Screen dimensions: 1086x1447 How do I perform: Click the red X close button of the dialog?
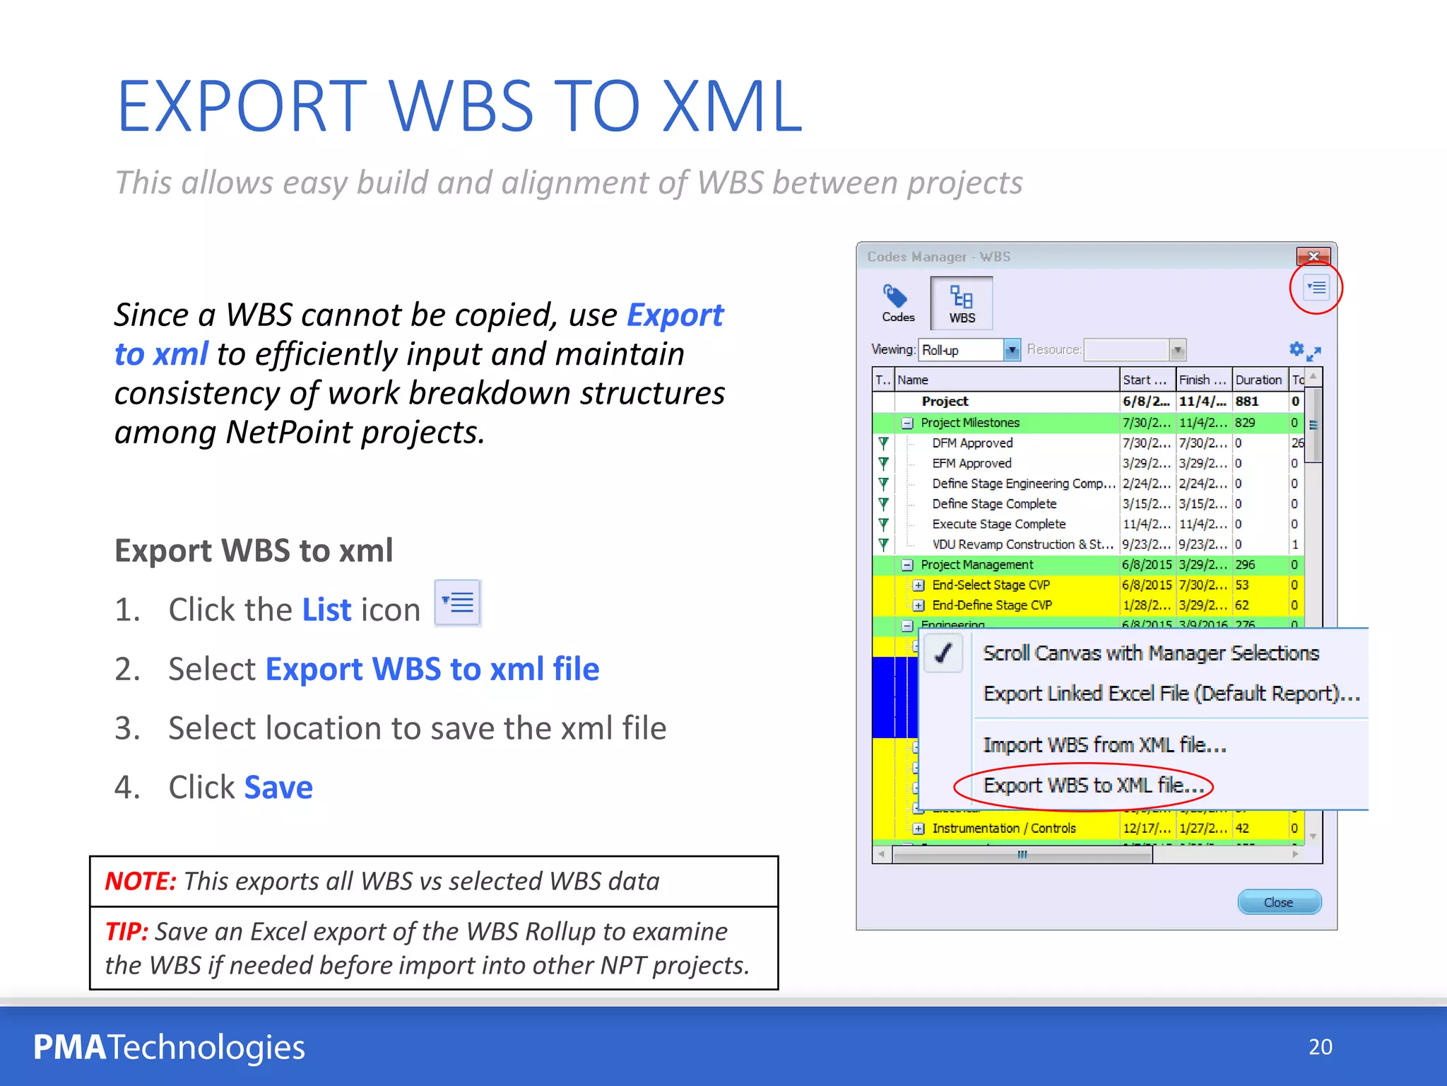click(x=1313, y=256)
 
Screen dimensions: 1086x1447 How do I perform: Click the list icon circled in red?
click(x=1316, y=288)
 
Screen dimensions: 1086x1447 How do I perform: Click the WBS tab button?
click(x=962, y=303)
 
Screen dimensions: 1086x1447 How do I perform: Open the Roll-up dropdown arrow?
click(x=1012, y=350)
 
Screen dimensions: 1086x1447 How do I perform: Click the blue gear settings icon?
click(x=1297, y=349)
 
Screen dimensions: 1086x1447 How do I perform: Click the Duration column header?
click(x=1258, y=380)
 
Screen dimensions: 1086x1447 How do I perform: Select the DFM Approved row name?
click(x=972, y=443)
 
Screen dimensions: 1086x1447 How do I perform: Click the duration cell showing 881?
click(x=1247, y=401)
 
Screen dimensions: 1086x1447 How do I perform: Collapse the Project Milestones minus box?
click(x=908, y=423)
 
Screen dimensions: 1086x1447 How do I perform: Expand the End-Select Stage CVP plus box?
click(x=919, y=585)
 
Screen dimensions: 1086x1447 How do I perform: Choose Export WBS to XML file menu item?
click(x=1093, y=786)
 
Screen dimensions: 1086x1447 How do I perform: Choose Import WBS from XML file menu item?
click(x=1104, y=745)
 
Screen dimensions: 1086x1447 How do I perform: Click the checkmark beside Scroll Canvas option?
click(x=943, y=653)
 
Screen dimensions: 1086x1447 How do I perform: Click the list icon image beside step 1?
click(x=458, y=603)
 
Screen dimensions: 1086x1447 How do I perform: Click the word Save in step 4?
click(x=278, y=788)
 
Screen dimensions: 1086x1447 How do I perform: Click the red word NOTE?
click(x=140, y=882)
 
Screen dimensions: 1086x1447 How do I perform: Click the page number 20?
click(x=1320, y=1046)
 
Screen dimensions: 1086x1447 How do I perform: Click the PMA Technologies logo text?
click(x=170, y=1047)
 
